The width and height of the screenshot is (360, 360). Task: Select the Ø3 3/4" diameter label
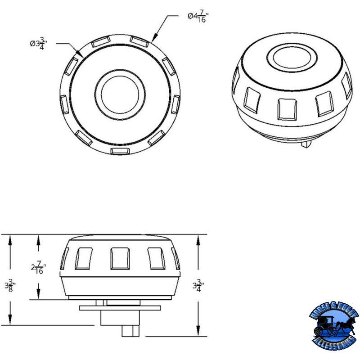pos(40,44)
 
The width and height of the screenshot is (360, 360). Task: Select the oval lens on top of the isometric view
pos(288,59)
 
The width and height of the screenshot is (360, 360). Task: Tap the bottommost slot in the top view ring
pos(120,150)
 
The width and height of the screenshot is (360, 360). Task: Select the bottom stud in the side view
pos(133,330)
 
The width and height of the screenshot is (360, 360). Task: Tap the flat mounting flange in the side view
pos(120,308)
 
